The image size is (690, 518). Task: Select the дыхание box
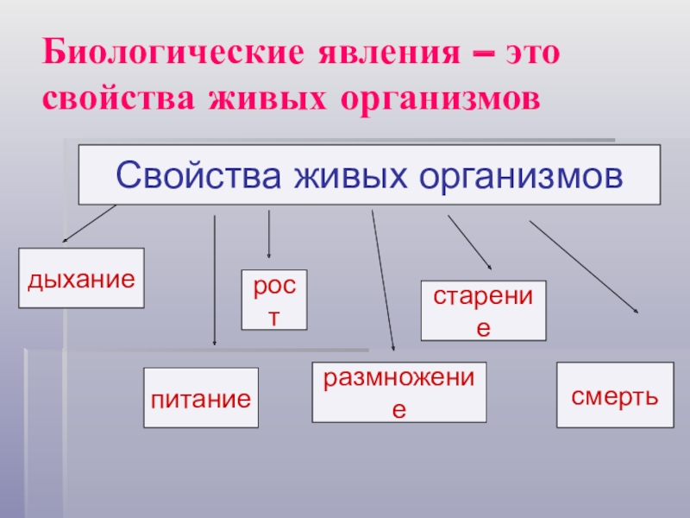tap(82, 278)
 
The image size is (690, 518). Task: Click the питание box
tap(201, 397)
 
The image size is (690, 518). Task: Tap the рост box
tap(273, 300)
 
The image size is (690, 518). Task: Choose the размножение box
tap(398, 391)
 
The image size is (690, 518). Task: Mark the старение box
tap(483, 309)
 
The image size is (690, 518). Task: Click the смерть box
tap(615, 395)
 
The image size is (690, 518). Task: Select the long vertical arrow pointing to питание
tap(214, 281)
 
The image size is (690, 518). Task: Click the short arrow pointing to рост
tap(270, 234)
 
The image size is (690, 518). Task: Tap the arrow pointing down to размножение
tap(383, 281)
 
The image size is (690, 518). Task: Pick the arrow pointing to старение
tap(469, 243)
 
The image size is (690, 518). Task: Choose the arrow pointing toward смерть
tap(585, 268)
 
